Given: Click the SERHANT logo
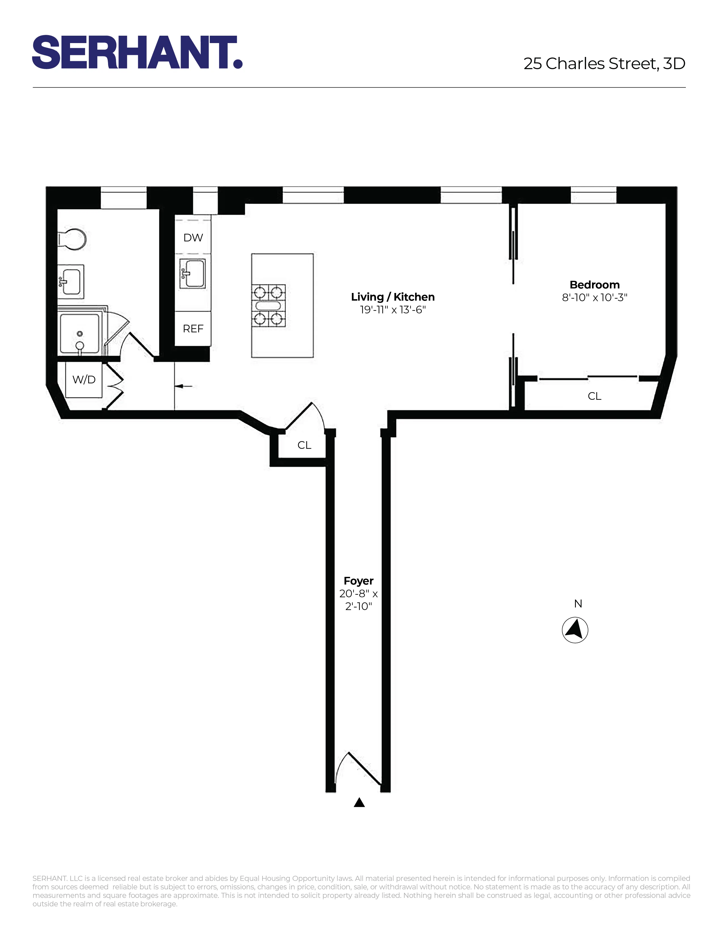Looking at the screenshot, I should tap(137, 52).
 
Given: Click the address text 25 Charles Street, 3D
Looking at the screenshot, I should tap(604, 64).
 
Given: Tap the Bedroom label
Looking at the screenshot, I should tap(595, 285).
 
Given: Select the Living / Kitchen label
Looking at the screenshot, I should tap(393, 297).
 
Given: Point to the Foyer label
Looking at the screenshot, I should tap(358, 581).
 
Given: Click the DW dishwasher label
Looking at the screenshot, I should tap(193, 238).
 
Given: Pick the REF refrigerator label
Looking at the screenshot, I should tap(193, 329).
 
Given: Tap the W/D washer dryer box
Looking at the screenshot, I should tap(84, 380).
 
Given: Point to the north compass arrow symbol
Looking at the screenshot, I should tap(575, 630).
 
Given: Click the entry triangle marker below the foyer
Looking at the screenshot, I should tap(359, 803).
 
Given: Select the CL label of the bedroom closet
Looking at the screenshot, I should tap(595, 396).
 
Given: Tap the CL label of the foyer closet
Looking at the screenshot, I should tap(305, 445).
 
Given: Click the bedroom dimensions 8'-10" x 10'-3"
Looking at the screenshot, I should tap(595, 297).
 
